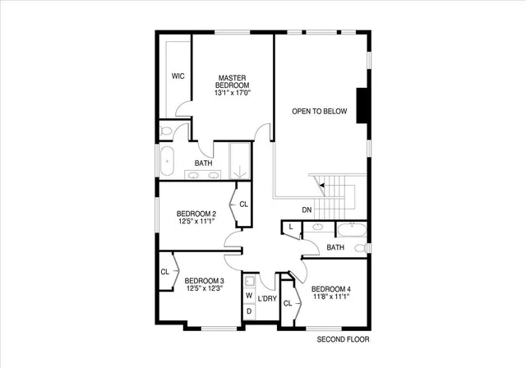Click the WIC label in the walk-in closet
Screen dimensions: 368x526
tap(177, 76)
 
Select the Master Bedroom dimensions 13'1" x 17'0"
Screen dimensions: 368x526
tap(233, 93)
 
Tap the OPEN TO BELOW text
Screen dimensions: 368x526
tap(320, 112)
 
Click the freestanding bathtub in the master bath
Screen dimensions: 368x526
tap(168, 160)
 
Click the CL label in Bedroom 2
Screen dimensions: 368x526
tap(244, 205)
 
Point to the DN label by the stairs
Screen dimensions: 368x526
tap(307, 210)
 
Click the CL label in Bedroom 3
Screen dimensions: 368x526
tap(165, 272)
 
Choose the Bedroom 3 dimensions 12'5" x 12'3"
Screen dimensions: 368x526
tap(205, 288)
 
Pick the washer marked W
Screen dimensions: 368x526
tap(249, 297)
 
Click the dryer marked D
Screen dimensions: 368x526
tap(249, 312)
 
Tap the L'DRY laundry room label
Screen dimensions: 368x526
tap(267, 298)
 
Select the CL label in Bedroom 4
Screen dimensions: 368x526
tap(288, 304)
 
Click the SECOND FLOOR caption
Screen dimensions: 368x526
tap(343, 338)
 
